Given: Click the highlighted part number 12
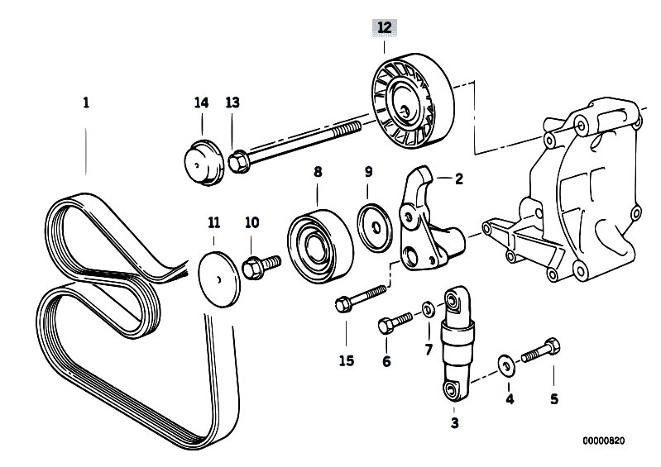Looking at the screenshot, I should point(383,28).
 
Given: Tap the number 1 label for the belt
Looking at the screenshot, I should point(86,103).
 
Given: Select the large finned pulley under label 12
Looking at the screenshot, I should point(406,103).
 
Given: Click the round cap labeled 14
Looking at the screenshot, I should point(201,164).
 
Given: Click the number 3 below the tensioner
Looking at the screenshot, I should point(453,424).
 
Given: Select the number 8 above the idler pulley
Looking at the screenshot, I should point(317,172).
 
